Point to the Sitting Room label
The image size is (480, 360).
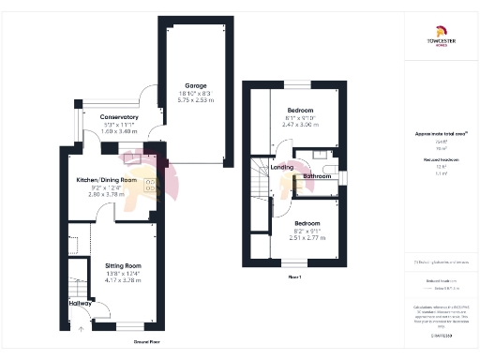pos(122,265)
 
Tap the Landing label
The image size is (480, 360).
pos(281,168)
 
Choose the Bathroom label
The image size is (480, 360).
pos(319,175)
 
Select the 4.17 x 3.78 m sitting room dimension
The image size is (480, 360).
pos(122,280)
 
